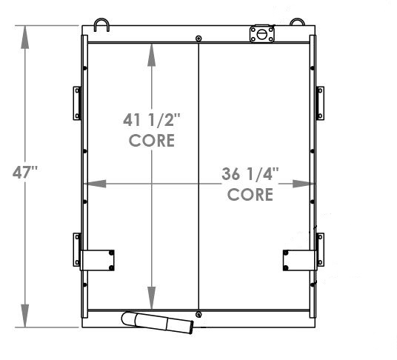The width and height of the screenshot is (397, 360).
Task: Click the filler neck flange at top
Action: [x=261, y=33]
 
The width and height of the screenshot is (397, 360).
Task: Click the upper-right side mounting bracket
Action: [x=320, y=102]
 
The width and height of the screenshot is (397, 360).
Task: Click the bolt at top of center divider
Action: [x=198, y=39]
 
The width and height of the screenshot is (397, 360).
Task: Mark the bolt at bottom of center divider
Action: [x=198, y=315]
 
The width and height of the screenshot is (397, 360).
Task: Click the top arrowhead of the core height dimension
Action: [x=152, y=50]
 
